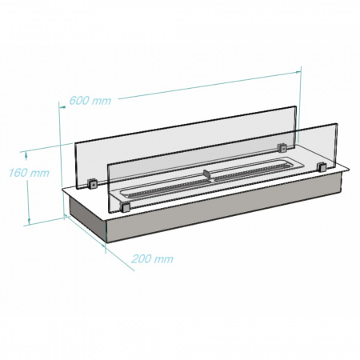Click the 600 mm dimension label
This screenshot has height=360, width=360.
[x=90, y=100]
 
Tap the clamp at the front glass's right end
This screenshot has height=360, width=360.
[x=321, y=167]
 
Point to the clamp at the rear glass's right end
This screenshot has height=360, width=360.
[x=282, y=148]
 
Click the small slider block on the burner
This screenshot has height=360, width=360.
[x=207, y=174]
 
